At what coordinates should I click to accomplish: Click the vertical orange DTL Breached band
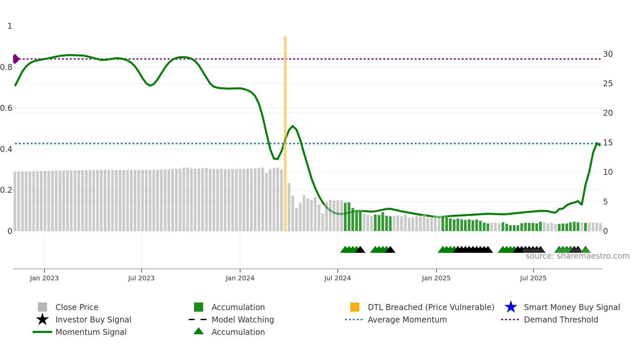[x=285, y=131]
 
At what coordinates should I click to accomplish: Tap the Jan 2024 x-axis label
[x=240, y=278]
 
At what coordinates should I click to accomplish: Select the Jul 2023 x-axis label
[x=141, y=278]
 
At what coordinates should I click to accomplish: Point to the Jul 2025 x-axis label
[x=533, y=278]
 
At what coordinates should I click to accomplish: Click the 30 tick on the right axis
[x=608, y=54]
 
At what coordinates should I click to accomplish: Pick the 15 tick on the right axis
[x=608, y=143]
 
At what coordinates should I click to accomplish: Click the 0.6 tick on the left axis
[x=6, y=108]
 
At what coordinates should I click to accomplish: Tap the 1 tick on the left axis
[x=10, y=26]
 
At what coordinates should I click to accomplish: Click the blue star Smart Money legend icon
[x=511, y=307]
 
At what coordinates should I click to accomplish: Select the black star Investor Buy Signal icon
[x=42, y=319]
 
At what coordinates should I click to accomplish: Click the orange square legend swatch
[x=355, y=307]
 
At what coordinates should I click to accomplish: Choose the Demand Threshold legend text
[x=561, y=319]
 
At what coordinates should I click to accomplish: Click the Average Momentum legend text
[x=407, y=319]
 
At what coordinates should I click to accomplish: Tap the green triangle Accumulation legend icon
[x=199, y=331]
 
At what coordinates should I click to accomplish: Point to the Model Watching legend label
[x=243, y=319]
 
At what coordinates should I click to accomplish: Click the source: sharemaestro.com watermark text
[x=577, y=256]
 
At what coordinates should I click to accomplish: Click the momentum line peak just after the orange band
[x=293, y=126]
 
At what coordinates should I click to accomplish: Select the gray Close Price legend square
[x=42, y=307]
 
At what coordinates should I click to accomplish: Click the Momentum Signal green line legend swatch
[x=42, y=332]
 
